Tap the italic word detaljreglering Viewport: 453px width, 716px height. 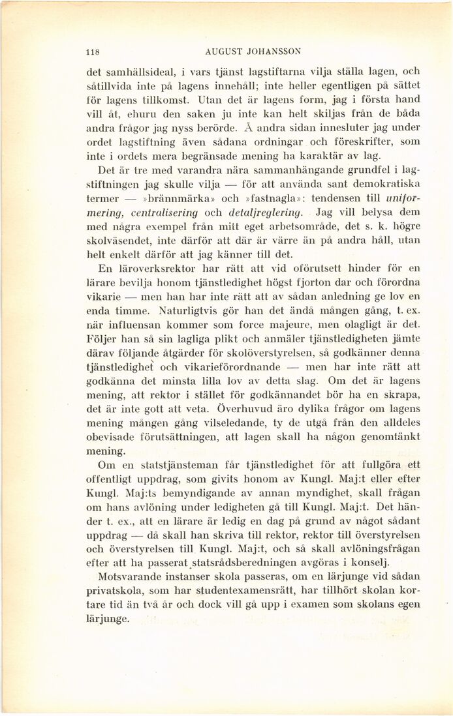pyautogui.click(x=270, y=213)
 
